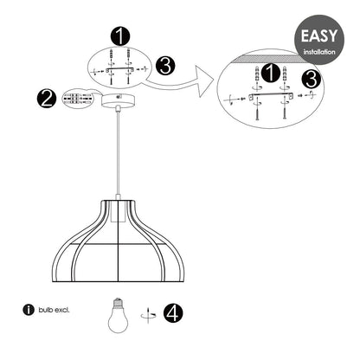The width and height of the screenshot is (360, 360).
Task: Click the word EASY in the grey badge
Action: pyautogui.click(x=318, y=35)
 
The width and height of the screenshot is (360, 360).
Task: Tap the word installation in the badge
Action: pyautogui.click(x=319, y=52)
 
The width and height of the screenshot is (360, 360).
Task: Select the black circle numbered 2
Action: pyautogui.click(x=47, y=99)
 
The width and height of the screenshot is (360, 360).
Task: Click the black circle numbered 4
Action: pyautogui.click(x=173, y=313)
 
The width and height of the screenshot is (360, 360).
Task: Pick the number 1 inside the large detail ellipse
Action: pyautogui.click(x=270, y=74)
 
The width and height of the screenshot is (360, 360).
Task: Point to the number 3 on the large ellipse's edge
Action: pyautogui.click(x=311, y=80)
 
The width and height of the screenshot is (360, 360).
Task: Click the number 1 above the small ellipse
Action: pyautogui.click(x=120, y=36)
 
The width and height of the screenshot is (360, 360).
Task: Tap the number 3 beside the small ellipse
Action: pyautogui.click(x=165, y=66)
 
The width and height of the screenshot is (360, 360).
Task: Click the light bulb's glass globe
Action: pyautogui.click(x=118, y=320)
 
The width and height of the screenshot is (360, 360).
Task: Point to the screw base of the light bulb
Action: pyautogui.click(x=118, y=302)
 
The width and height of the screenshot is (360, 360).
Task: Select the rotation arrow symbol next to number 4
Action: pyautogui.click(x=148, y=315)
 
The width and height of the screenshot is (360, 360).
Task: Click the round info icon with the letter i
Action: pyautogui.click(x=29, y=310)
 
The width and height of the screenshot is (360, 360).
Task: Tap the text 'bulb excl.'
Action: pyautogui.click(x=54, y=311)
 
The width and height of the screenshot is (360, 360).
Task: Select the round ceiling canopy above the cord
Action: pyautogui.click(x=118, y=100)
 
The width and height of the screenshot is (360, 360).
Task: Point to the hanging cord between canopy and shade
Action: pyautogui.click(x=118, y=153)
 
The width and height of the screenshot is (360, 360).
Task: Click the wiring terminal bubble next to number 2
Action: pyautogui.click(x=79, y=99)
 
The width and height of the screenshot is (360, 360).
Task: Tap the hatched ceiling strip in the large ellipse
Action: pyautogui.click(x=270, y=58)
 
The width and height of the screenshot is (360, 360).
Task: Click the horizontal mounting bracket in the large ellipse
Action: pyautogui.click(x=271, y=96)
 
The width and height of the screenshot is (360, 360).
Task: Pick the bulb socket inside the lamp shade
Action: pyautogui.click(x=119, y=211)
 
